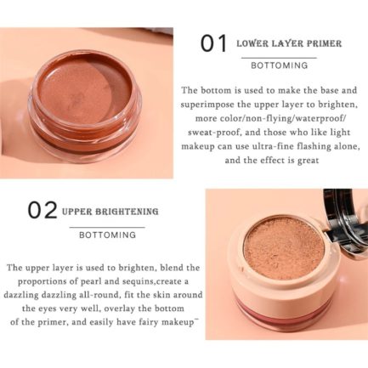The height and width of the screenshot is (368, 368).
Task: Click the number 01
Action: (x=214, y=43)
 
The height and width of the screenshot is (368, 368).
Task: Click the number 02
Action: (x=42, y=210)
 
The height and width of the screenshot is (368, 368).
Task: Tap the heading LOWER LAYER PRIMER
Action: (x=289, y=43)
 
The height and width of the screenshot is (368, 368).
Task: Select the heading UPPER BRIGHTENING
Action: (x=110, y=212)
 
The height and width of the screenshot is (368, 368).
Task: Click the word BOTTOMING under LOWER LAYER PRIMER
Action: (x=280, y=65)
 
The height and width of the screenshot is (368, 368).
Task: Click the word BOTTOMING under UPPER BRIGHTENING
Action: (x=108, y=235)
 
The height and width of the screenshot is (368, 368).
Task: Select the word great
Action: (x=308, y=161)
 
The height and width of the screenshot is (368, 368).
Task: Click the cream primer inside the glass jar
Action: (x=85, y=88)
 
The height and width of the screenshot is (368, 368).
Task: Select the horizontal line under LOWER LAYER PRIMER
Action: (x=279, y=58)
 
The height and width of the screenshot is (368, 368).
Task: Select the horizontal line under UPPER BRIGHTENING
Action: (x=107, y=227)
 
